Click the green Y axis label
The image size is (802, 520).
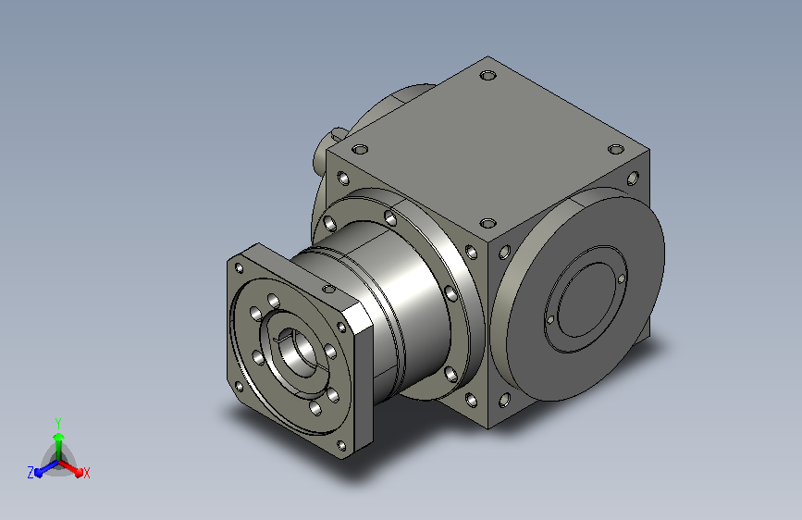pyautogui.click(x=58, y=423)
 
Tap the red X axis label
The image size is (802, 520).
pyautogui.click(x=86, y=473)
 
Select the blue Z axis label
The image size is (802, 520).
pyautogui.click(x=31, y=473)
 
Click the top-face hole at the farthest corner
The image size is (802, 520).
pyautogui.click(x=488, y=76)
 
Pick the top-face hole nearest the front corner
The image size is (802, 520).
pyautogui.click(x=488, y=223)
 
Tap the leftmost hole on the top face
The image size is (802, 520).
pyautogui.click(x=360, y=150)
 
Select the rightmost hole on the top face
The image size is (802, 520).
pyautogui.click(x=616, y=150)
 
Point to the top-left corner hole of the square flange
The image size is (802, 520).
pyautogui.click(x=239, y=268)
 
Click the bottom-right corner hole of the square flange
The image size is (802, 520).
pyautogui.click(x=341, y=446)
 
